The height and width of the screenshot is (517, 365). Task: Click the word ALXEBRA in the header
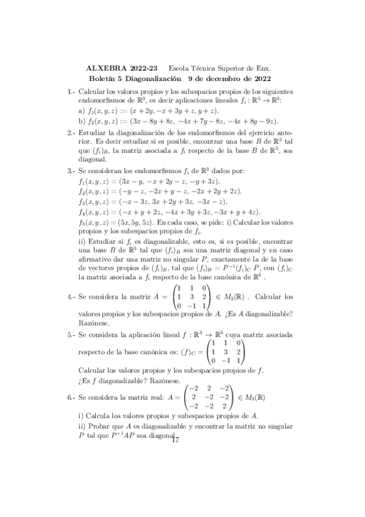pos(105,69)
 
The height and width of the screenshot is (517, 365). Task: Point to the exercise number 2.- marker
pos(73,133)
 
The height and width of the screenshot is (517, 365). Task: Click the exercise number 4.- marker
pos(73,297)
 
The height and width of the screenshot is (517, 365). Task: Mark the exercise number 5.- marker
pos(73,335)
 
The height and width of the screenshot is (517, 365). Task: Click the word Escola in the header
pos(179,69)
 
